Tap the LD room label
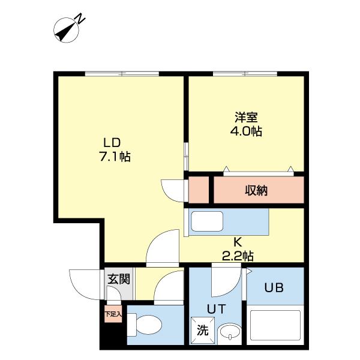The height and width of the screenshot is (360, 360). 112,143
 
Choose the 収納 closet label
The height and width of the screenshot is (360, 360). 256,191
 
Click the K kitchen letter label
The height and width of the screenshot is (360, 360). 237,242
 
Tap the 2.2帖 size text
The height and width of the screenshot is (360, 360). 237,256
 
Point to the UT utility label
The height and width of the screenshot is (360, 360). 215,309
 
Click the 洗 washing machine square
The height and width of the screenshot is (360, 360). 203,330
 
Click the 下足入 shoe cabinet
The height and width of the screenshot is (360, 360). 113,314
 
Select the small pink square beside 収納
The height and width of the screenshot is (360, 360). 199,190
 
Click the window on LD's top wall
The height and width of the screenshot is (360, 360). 122,74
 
